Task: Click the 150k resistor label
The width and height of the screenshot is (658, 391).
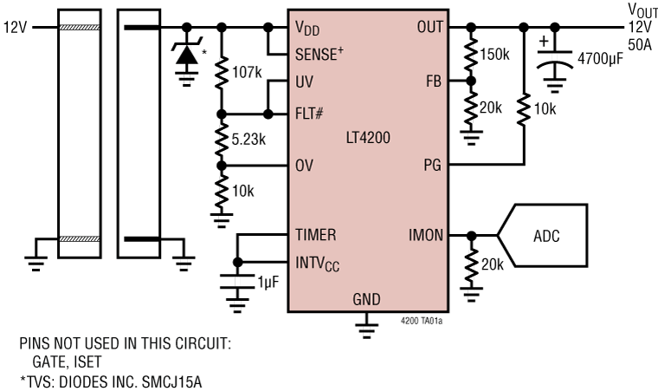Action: [496, 54]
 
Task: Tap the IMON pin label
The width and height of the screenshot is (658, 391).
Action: [428, 234]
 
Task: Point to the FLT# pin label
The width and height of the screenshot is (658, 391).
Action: [309, 114]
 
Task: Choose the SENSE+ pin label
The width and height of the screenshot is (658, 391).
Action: [319, 52]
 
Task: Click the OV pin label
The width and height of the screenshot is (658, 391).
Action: [304, 163]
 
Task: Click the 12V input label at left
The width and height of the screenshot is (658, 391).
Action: [15, 27]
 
